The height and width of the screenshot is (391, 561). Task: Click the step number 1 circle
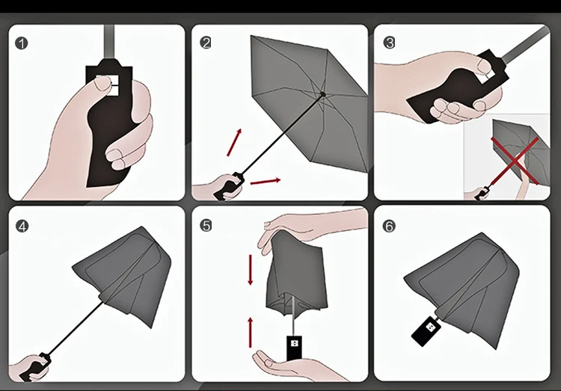coord(22,43)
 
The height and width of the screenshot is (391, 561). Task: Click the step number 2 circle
coord(206,43)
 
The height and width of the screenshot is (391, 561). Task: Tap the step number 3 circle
coord(389,43)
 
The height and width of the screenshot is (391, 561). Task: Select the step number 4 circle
coord(22,226)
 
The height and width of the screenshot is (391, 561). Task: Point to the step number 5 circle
coord(206,226)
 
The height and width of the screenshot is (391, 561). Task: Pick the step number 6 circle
coord(389,226)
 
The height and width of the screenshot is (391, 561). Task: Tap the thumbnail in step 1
coord(102,84)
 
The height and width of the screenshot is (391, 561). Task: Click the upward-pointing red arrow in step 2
coord(234,142)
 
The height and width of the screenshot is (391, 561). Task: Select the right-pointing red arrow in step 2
coord(266,182)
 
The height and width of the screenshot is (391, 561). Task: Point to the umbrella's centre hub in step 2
coord(323,94)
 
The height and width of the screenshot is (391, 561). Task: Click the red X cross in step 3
coord(514,160)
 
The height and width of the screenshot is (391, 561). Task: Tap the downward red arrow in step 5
coord(251,270)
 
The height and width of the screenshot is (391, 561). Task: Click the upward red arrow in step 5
coord(251,333)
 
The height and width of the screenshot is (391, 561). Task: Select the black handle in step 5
coord(294,348)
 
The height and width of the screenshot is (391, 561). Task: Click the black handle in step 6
coord(426,331)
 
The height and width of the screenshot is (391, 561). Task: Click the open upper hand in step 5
coord(307,229)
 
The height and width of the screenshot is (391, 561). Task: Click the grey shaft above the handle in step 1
coord(109,42)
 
